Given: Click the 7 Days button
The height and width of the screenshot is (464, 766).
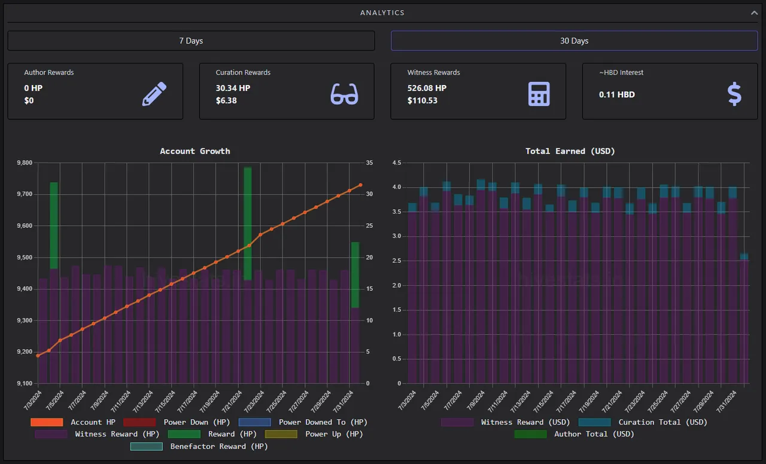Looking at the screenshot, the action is click(191, 41).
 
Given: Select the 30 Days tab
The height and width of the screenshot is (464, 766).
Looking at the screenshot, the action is click(574, 41).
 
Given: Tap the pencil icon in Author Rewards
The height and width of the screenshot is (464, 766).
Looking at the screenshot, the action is click(154, 94).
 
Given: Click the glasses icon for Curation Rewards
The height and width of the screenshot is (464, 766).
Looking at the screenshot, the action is click(344, 94).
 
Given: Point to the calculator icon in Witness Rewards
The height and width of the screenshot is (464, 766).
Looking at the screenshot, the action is click(539, 94).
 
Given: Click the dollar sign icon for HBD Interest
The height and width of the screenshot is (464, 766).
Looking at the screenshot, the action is click(734, 94).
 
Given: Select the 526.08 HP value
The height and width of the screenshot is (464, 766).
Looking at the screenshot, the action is click(427, 88).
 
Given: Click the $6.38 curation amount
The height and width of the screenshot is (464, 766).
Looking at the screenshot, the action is click(226, 100).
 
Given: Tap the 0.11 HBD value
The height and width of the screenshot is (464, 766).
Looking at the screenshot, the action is click(616, 94).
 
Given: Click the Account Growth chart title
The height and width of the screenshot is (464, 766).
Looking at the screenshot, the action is click(195, 151).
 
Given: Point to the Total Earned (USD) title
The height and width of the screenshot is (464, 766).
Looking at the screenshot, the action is click(570, 151).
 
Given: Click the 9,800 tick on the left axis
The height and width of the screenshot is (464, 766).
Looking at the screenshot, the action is click(25, 163).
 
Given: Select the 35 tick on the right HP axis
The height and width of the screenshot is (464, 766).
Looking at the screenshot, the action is click(369, 163).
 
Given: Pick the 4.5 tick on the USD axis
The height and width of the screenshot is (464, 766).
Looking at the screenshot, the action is click(397, 163).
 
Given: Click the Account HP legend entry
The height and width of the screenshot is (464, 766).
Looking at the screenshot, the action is click(73, 422).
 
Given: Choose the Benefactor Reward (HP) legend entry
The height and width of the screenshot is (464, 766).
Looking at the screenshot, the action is click(199, 446).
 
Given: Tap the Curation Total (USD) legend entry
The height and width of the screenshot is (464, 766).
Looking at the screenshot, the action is click(643, 422).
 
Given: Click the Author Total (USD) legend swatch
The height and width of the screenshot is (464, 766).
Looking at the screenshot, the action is click(530, 434).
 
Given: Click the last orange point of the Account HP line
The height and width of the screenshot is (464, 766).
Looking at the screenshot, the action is click(360, 185).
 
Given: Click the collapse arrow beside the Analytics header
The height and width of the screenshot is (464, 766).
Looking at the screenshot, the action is click(754, 13).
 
